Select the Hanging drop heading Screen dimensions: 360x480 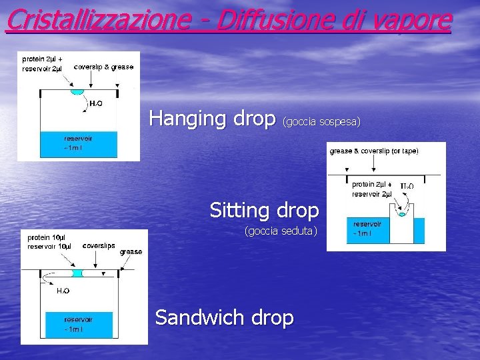click(x=212, y=118)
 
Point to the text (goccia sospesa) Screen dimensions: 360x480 click(x=321, y=121)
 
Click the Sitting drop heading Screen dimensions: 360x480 click(x=264, y=210)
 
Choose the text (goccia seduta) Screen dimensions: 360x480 click(x=281, y=231)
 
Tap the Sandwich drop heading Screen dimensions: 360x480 click(x=224, y=317)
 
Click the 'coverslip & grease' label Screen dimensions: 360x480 click(x=103, y=67)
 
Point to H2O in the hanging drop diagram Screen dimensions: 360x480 click(x=95, y=104)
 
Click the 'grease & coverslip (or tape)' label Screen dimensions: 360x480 click(x=374, y=151)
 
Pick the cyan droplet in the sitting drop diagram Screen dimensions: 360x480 click(x=401, y=214)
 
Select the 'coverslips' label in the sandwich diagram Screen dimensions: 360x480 click(x=99, y=245)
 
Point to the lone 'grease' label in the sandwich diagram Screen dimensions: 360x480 click(x=131, y=252)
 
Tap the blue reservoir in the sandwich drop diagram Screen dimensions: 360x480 click(x=78, y=325)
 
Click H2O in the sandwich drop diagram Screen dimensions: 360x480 click(x=63, y=291)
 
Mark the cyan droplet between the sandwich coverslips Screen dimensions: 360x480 click(x=77, y=273)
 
